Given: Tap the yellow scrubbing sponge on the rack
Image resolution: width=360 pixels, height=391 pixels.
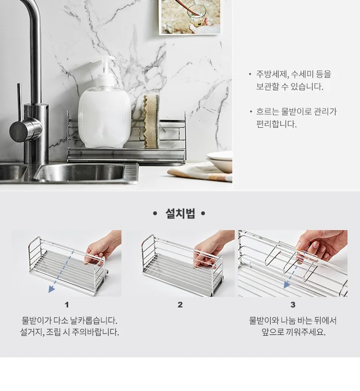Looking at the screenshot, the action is pos(152,122).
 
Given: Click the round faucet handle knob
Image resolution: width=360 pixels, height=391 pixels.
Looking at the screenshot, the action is pos(24,129).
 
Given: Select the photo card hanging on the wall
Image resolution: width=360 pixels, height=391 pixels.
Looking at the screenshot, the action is pos(190,17).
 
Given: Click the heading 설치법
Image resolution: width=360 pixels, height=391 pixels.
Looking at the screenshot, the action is pos(180,213).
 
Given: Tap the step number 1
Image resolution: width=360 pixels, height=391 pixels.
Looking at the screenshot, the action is pos(67,305).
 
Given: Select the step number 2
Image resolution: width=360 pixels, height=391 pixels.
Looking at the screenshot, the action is pos(180,305).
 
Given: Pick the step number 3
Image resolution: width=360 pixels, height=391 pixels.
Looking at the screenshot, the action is pos(293,305).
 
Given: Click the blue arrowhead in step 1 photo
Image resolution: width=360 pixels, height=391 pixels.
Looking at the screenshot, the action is pos(51,289).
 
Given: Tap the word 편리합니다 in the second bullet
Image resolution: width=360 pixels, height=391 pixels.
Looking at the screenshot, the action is pos(276,124).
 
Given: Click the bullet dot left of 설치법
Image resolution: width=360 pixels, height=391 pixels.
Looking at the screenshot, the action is pos(155,213).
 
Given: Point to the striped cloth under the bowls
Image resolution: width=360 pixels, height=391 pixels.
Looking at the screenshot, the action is pos(199,172).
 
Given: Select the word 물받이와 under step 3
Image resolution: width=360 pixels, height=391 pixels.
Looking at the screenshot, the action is pos(264,320).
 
